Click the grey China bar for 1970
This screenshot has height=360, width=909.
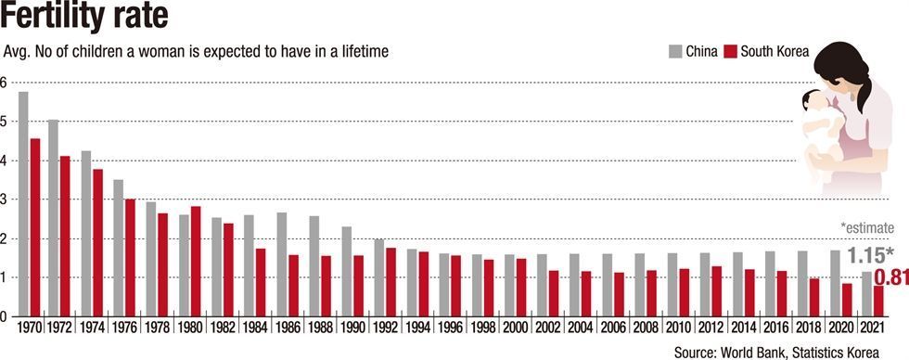tap(23, 204)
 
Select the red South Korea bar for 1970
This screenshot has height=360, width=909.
tap(35, 227)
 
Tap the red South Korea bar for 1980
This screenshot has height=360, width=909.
tap(196, 262)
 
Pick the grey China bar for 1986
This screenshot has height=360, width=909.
tap(282, 264)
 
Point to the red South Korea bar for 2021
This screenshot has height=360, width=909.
tap(878, 301)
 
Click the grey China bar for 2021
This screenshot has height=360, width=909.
tap(866, 294)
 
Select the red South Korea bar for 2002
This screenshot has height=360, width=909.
tap(554, 293)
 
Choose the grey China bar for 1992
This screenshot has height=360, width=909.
tap(379, 277)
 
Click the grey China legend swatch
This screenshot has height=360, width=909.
tap(675, 52)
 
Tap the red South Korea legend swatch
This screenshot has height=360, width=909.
tap(731, 52)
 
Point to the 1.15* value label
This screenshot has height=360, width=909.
tap(871, 255)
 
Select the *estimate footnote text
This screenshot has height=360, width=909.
tap(866, 228)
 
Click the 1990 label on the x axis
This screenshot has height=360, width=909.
tap(353, 328)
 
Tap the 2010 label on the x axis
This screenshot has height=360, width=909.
tap(679, 328)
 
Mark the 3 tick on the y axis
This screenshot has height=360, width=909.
tap(3, 199)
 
